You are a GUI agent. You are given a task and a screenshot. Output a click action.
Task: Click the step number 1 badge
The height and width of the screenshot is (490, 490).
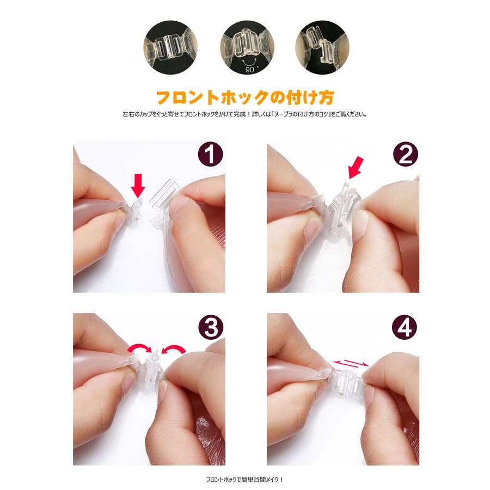(210, 154)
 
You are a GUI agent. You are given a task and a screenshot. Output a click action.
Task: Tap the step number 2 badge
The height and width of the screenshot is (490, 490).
(405, 154)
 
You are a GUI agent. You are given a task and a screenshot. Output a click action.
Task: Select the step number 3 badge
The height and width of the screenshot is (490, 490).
(211, 327)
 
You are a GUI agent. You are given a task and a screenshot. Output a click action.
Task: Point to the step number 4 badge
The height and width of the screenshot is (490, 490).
(405, 327)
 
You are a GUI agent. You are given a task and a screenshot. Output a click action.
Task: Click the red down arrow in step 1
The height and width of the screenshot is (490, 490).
(138, 186)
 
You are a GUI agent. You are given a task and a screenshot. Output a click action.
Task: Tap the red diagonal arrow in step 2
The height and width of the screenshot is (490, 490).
(356, 168)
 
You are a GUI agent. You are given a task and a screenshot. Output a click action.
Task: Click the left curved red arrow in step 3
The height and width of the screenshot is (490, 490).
(139, 348)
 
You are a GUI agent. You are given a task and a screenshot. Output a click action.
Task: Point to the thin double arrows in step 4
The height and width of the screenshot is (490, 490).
(351, 363)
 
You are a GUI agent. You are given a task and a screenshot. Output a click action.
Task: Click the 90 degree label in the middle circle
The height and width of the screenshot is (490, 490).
(250, 69)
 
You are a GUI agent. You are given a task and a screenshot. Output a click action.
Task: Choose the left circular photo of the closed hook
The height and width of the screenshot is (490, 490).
(170, 47)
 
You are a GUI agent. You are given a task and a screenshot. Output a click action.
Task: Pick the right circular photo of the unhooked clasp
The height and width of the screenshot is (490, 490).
(322, 47)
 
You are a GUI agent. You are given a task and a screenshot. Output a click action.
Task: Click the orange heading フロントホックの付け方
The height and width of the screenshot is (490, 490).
(245, 97)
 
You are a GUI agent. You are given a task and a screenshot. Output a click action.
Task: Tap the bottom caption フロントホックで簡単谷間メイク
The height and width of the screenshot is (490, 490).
(244, 479)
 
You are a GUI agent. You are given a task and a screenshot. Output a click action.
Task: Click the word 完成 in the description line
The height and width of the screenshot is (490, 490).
(240, 114)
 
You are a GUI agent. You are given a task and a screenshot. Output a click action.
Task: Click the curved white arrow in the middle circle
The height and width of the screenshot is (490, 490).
(249, 61)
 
